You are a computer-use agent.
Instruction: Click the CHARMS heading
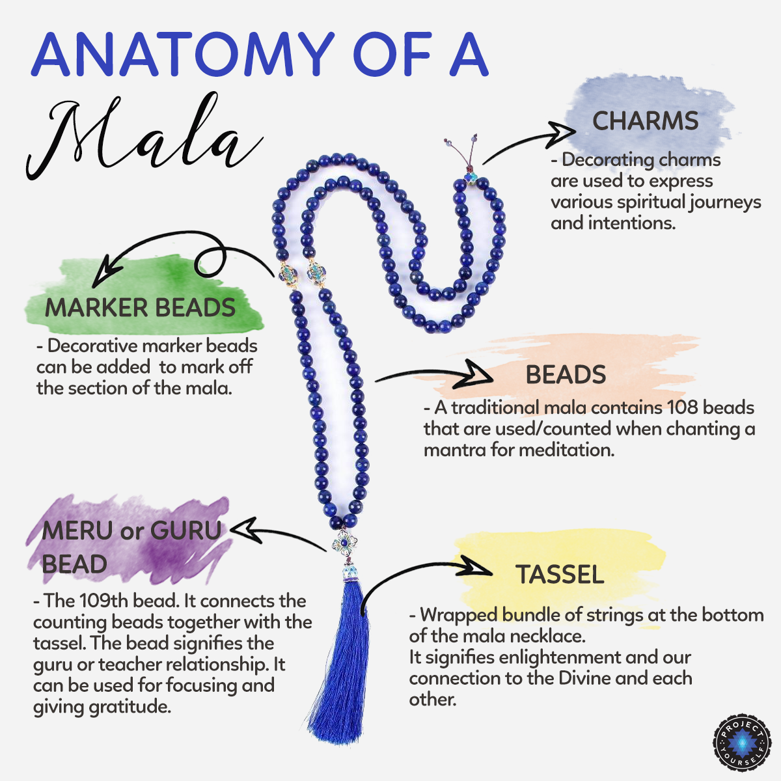pyautogui.click(x=645, y=121)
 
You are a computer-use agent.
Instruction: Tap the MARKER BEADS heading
pyautogui.click(x=140, y=307)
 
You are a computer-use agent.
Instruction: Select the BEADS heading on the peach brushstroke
pyautogui.click(x=566, y=374)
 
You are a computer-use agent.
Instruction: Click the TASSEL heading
pyautogui.click(x=560, y=574)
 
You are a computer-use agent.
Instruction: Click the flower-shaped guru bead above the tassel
pyautogui.click(x=344, y=543)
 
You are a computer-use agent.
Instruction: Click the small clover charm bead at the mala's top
pyautogui.click(x=471, y=178)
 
